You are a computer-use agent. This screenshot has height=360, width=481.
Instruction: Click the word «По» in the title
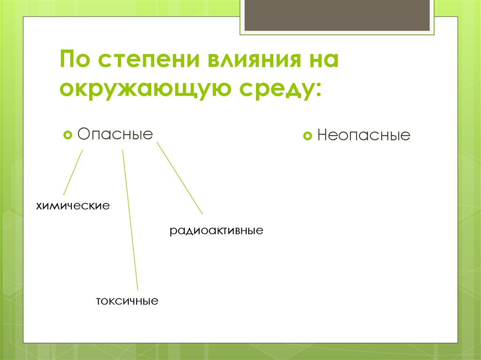(75, 61)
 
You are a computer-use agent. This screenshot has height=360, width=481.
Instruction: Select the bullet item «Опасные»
(115, 134)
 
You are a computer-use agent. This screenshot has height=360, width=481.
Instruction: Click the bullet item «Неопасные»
(364, 136)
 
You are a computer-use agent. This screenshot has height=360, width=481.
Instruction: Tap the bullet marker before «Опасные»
(67, 135)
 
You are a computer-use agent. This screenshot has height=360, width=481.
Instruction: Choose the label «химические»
(73, 206)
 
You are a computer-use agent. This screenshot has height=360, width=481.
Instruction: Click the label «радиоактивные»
(216, 231)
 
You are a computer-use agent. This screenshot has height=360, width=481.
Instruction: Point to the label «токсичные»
(127, 300)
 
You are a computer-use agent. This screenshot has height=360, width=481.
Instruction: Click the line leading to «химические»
(73, 172)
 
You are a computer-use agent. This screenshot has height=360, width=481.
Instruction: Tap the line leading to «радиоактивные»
(179, 178)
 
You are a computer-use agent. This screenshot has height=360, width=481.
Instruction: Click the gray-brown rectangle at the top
(337, 15)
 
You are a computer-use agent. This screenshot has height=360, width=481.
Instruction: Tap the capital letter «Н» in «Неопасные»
(323, 136)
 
